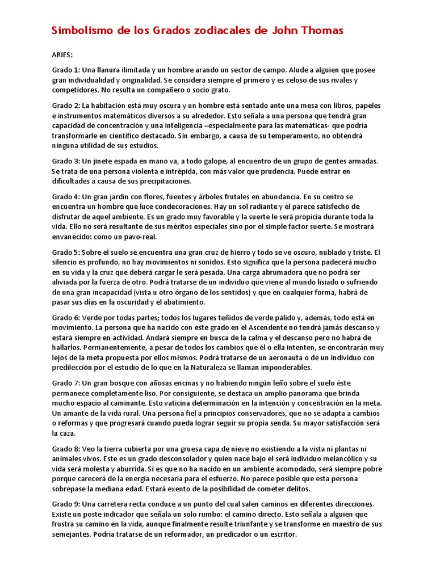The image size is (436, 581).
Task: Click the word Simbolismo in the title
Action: coord(80,31)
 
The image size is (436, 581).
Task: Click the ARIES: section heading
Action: coord(63,56)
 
